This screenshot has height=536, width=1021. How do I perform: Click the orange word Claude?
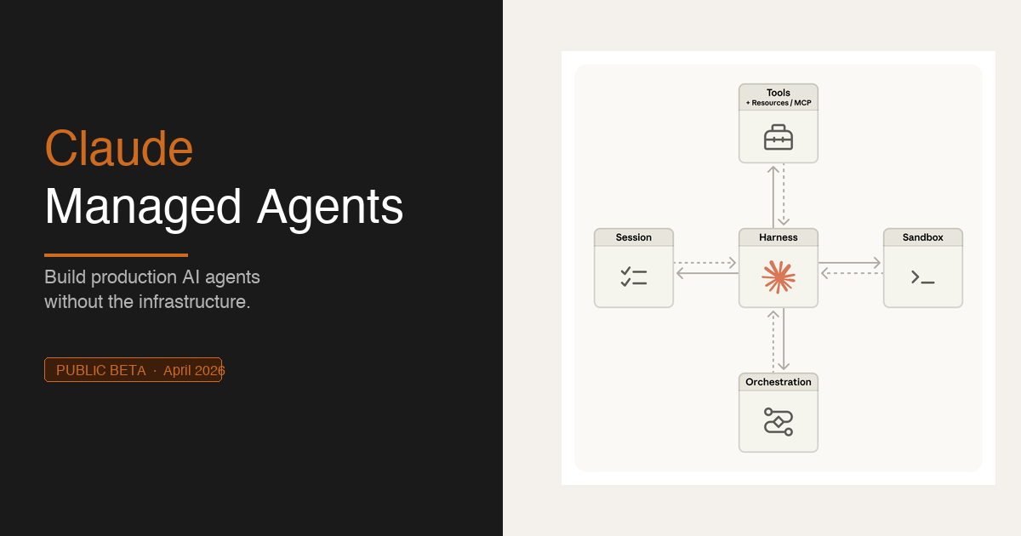click(x=119, y=149)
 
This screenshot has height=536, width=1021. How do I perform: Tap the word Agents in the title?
click(x=330, y=207)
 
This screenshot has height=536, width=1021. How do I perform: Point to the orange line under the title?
click(x=116, y=254)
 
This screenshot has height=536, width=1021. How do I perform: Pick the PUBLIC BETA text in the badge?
click(x=101, y=371)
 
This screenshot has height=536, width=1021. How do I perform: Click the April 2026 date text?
click(x=194, y=371)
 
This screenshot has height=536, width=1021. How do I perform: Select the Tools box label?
click(x=779, y=93)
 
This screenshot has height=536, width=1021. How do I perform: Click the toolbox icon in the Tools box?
click(x=779, y=138)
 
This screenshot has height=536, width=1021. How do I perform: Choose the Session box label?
click(x=634, y=238)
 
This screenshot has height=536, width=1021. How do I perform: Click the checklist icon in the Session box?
click(x=634, y=277)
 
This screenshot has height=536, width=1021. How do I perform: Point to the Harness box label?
click(x=779, y=238)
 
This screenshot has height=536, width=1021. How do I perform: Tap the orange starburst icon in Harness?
click(x=779, y=277)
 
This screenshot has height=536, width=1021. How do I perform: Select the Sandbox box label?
click(x=923, y=238)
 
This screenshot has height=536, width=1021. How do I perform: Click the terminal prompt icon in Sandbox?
click(x=923, y=277)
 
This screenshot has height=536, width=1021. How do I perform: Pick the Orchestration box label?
click(x=779, y=383)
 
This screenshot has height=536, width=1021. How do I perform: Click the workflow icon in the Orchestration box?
click(x=779, y=421)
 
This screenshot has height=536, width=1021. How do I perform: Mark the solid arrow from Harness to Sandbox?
click(x=850, y=263)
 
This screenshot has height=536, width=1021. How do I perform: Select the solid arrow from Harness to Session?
click(x=707, y=273)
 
